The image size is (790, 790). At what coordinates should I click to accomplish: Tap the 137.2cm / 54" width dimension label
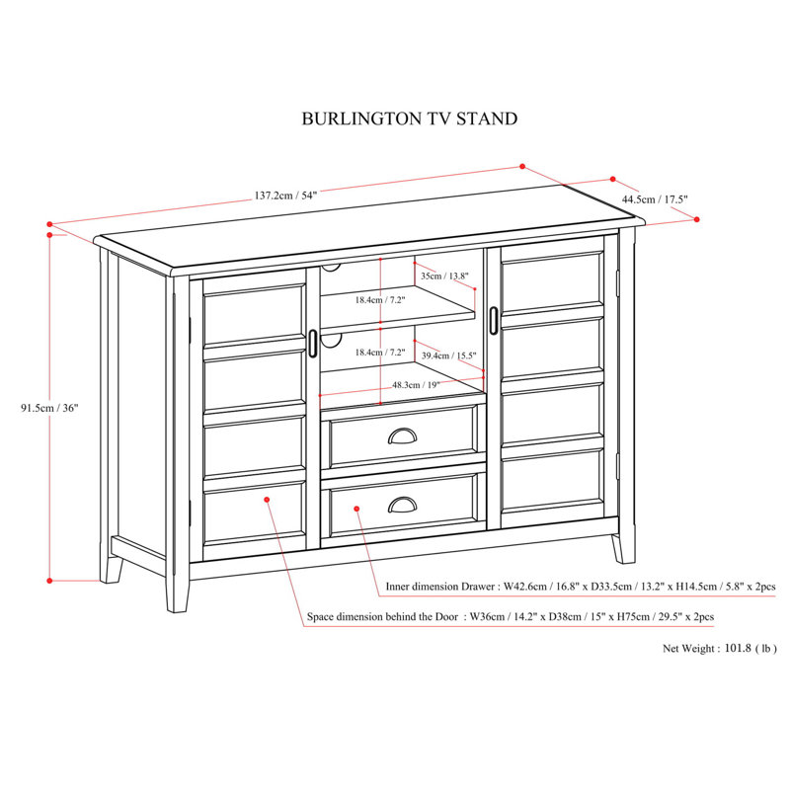tap(285, 196)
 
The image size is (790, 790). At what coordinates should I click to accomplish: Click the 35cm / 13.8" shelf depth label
tap(442, 276)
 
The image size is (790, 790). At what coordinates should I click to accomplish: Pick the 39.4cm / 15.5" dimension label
tap(448, 355)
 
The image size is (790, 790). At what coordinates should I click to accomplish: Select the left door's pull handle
tap(312, 342)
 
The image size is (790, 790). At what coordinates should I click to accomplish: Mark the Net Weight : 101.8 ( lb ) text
tap(720, 649)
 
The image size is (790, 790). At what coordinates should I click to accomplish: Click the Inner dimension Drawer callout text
tap(581, 587)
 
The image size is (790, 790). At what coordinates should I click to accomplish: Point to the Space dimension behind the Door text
tap(510, 616)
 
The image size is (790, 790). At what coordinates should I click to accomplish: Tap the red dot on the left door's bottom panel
tap(267, 501)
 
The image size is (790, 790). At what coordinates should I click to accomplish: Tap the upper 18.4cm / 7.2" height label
tap(380, 299)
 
